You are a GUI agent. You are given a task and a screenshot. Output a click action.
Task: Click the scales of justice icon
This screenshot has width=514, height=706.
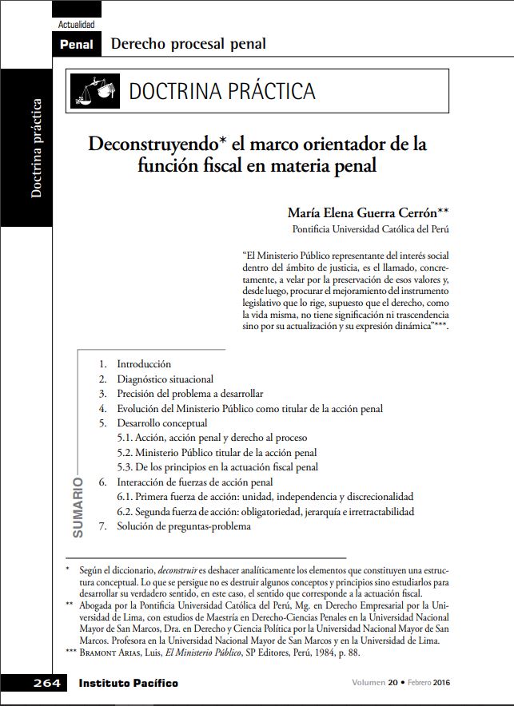[x=95, y=90]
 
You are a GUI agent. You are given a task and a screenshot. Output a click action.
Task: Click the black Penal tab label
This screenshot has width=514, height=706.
[x=76, y=45]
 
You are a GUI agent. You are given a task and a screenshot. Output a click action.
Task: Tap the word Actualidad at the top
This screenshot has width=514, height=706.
[x=77, y=25]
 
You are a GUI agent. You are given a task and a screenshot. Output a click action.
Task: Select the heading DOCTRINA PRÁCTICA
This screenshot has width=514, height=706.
[x=222, y=91]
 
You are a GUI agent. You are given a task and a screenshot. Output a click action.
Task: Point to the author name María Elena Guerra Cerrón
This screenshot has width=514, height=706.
[x=367, y=213]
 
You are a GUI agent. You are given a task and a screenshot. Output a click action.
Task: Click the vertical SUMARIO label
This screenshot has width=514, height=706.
[x=78, y=508]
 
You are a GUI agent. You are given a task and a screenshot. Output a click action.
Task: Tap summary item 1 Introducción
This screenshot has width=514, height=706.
[x=143, y=363]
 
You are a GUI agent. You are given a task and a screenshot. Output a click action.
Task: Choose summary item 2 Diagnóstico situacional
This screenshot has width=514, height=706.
[x=165, y=379]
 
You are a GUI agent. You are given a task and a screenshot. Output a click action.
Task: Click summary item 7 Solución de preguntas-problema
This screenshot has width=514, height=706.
[x=183, y=526]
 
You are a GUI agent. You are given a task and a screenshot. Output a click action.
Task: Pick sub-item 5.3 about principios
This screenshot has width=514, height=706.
[x=217, y=467]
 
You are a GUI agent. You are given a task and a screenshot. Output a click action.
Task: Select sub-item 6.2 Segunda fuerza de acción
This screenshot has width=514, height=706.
[x=265, y=511]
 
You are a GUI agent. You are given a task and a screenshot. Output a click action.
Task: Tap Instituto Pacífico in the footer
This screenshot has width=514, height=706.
[x=128, y=684]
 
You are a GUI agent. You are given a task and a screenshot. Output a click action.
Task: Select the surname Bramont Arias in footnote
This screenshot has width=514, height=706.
[x=110, y=652]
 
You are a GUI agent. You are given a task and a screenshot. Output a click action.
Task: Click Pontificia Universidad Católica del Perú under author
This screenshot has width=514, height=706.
[x=370, y=229]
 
